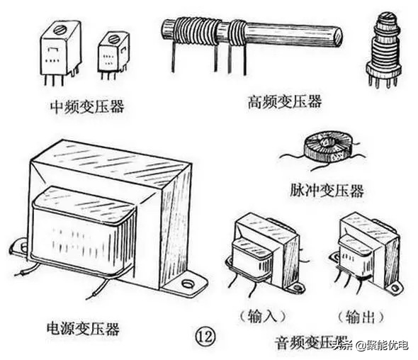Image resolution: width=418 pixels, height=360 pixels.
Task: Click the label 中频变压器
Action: point(86,107)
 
